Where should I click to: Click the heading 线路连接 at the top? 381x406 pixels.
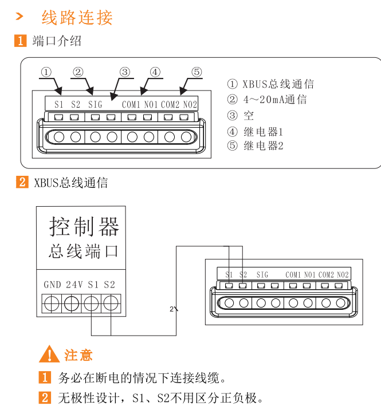click(x=77, y=18)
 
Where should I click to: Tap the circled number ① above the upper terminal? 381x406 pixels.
click(x=46, y=72)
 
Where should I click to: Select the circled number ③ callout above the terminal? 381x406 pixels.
click(x=125, y=72)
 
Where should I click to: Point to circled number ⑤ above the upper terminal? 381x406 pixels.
click(x=197, y=72)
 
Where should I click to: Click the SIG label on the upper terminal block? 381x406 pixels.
click(x=95, y=104)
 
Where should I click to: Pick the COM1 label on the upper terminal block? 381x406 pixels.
click(x=131, y=104)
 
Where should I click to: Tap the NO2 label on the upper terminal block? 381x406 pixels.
click(x=190, y=104)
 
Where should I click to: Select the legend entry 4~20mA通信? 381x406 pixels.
click(x=274, y=100)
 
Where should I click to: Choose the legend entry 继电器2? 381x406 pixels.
click(x=264, y=145)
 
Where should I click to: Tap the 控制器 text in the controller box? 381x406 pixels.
click(x=84, y=227)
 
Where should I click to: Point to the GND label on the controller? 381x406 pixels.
click(x=52, y=285)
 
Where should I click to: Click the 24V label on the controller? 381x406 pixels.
click(x=74, y=285)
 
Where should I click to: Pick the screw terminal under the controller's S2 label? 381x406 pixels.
click(x=111, y=302)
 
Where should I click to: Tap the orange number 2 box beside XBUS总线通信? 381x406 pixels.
click(x=21, y=183)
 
